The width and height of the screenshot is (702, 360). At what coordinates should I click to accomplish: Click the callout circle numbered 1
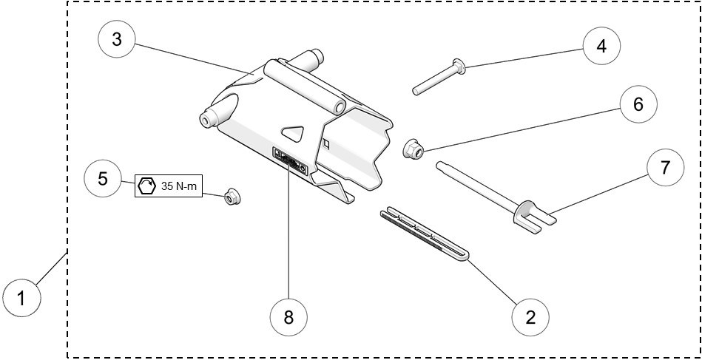coord(21,299)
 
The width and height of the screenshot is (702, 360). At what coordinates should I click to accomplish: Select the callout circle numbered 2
coord(530,317)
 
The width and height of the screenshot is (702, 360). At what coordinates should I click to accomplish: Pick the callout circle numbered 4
coord(601,46)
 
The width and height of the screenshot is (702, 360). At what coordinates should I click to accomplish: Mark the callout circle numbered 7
coord(665,168)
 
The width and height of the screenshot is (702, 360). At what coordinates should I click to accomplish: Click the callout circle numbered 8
coord(288,317)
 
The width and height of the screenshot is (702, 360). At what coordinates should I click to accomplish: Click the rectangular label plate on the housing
coord(290,160)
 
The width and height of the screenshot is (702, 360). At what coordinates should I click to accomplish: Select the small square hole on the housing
coord(326,141)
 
